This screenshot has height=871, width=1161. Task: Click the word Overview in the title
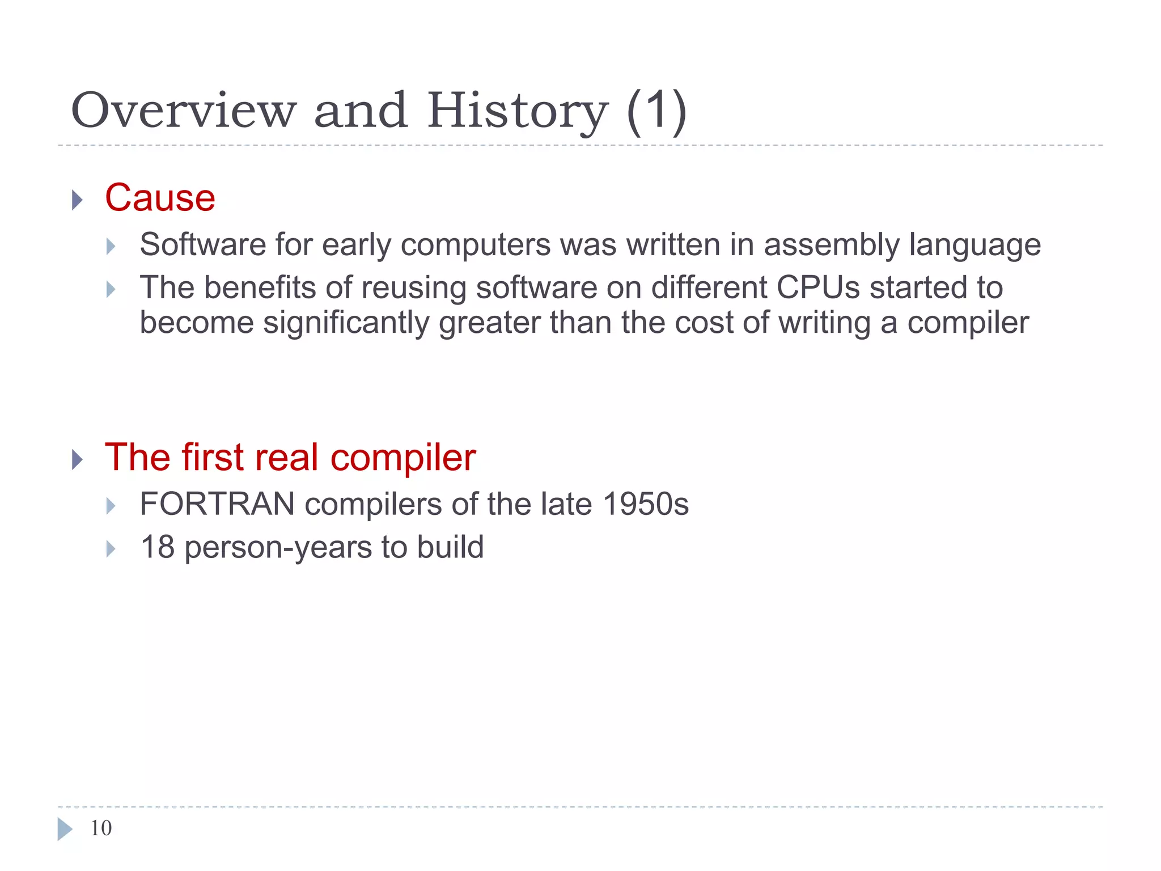point(183,110)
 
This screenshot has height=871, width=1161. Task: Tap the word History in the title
point(517,111)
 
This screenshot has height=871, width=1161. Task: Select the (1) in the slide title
point(656,111)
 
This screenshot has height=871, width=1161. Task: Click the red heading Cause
point(160,198)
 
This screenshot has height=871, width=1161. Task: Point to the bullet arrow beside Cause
point(78,200)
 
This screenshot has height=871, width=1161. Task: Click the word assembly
point(831,245)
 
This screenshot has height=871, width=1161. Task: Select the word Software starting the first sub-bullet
point(202,245)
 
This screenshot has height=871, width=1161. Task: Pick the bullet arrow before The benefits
point(111,290)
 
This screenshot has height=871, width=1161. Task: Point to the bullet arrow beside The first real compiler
point(78,459)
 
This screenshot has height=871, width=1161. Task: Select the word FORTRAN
point(217,504)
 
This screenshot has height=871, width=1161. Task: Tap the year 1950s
point(645,504)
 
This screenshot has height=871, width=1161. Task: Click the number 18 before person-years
point(157,547)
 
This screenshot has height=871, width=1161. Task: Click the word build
point(450,547)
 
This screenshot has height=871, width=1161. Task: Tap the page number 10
point(101,828)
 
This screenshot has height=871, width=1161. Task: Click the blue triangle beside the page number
point(65,829)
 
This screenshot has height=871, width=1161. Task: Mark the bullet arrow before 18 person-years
point(111,549)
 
